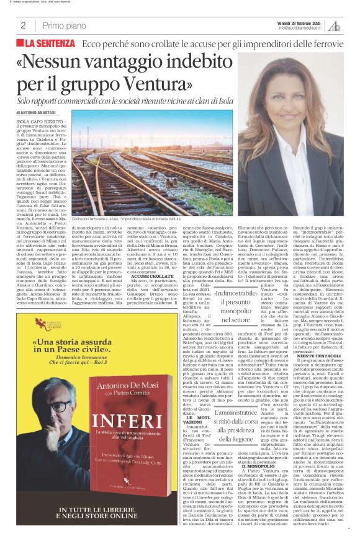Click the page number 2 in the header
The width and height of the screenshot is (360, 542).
click(x=23, y=25)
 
